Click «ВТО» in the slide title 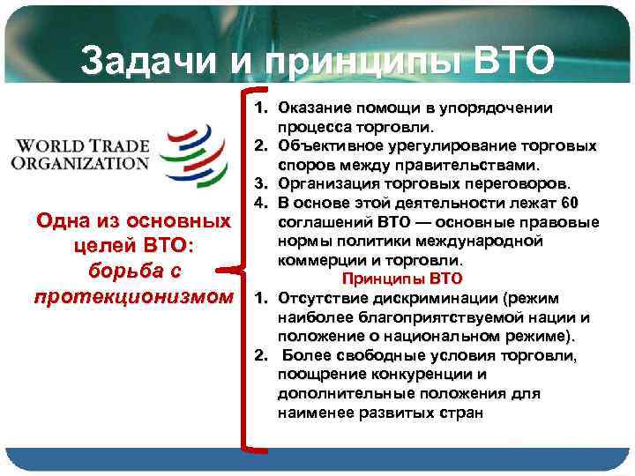[516, 61]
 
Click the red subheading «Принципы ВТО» [402, 279]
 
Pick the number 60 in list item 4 [570, 204]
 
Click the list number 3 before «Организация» [261, 184]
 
